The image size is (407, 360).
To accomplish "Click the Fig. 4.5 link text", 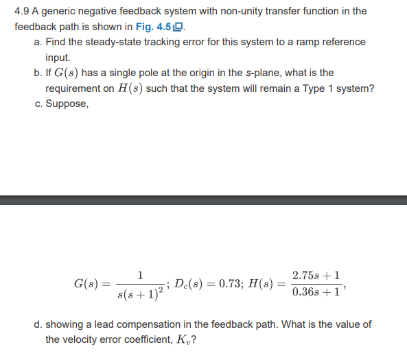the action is [x=156, y=27].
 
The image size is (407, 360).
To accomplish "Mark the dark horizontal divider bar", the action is [x=203, y=200].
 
